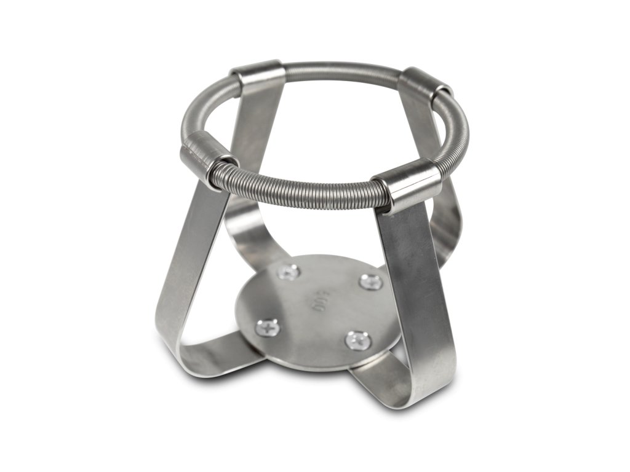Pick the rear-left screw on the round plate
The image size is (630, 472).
(289, 272)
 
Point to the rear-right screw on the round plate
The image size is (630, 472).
(370, 282)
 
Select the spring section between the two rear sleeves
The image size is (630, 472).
(341, 66)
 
